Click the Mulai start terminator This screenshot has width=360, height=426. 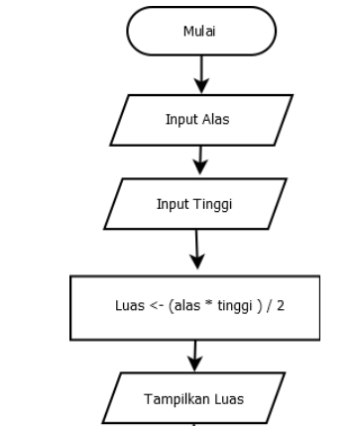202,30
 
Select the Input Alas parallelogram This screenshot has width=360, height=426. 202,120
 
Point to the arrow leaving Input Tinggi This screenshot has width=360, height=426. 198,248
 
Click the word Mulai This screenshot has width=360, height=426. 202,30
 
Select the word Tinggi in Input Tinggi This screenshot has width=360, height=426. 221,204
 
